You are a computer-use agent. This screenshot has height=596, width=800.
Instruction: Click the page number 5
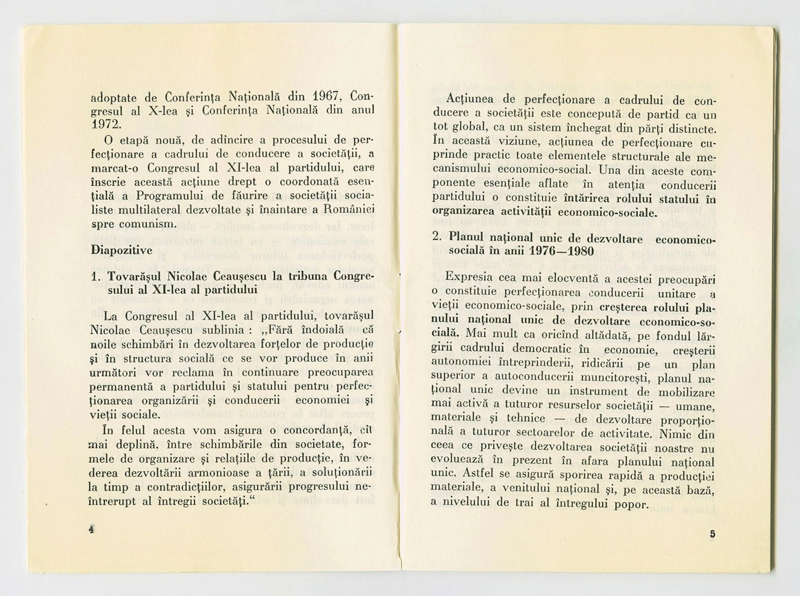(x=712, y=534)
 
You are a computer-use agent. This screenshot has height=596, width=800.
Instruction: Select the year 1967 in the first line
(x=325, y=95)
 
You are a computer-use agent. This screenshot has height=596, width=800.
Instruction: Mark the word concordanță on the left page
(x=309, y=430)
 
